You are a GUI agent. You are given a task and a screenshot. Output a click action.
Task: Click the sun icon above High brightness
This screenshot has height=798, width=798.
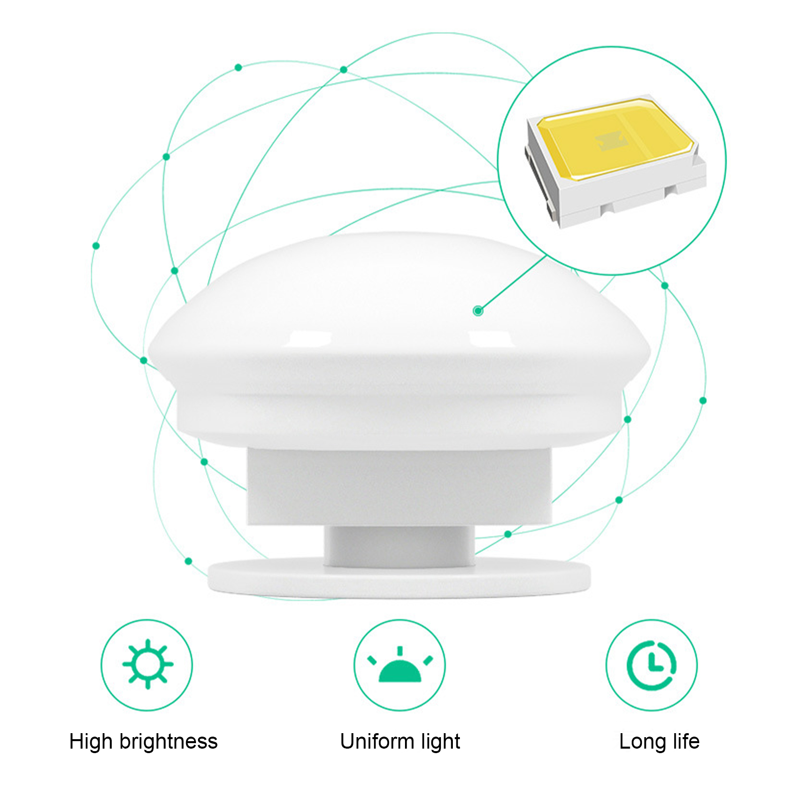[x=148, y=664]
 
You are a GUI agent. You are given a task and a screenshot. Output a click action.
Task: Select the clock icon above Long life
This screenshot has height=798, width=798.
[x=651, y=665]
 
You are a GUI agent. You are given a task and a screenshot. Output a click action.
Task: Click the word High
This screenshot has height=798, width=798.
[x=91, y=742]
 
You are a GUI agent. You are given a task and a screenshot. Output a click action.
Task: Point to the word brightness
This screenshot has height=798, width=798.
[x=169, y=742]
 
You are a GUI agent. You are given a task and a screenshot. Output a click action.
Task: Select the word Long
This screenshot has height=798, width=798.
[x=642, y=742]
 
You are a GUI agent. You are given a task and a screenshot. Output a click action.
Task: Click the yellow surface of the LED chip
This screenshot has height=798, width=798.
[x=616, y=139]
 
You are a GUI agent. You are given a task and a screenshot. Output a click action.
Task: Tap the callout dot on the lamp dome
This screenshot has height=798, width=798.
[x=478, y=311]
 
